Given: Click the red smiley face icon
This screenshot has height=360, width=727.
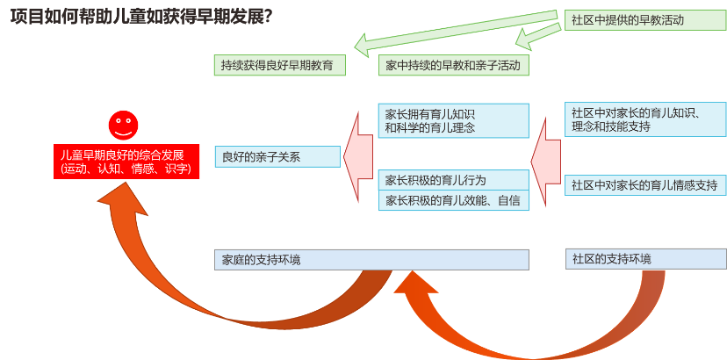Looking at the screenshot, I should coord(124,125).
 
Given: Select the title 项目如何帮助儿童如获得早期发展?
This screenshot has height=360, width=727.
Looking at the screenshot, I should coord(140,17).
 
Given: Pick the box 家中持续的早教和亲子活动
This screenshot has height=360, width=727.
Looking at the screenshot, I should coord(453,65).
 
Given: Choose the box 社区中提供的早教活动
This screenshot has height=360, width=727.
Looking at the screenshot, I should coord(644,19).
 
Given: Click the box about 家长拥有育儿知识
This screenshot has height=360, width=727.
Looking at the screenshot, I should coord(453,120).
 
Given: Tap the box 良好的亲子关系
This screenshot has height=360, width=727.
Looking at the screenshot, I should coord(277,157).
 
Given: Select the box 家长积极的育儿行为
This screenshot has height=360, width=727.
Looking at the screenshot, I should coord(453,180).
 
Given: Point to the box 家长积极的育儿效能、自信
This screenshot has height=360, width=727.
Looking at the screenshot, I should coord(453,201).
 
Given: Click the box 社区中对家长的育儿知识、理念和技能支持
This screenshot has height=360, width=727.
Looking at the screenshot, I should coord(644,119).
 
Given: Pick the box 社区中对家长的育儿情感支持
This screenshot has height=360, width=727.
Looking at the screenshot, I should coord(644,185).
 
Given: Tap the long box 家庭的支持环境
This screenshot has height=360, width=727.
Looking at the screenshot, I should coord(371,260).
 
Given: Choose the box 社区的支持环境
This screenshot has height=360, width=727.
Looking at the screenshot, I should coord(645,259).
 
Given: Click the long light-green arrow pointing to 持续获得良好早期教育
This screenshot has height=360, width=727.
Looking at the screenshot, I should coord(457,28).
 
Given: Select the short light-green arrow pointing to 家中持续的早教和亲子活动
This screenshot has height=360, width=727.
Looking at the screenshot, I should coord(537,36).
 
